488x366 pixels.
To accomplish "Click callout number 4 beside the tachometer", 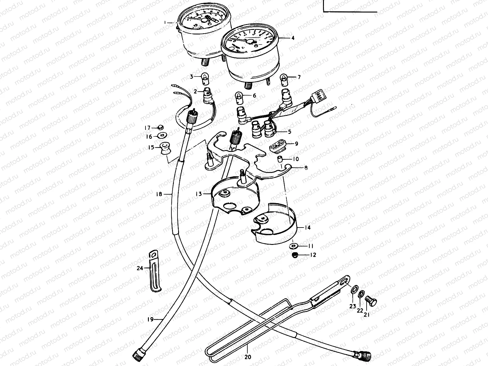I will pos(292,38).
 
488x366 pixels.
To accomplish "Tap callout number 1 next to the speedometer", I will pos(165,23).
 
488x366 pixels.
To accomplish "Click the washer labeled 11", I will pos(294,246).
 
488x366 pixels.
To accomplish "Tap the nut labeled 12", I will pos(295,255).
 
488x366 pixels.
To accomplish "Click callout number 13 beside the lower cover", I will pos(199,194).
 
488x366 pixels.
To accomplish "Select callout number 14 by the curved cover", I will pos(307,228).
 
